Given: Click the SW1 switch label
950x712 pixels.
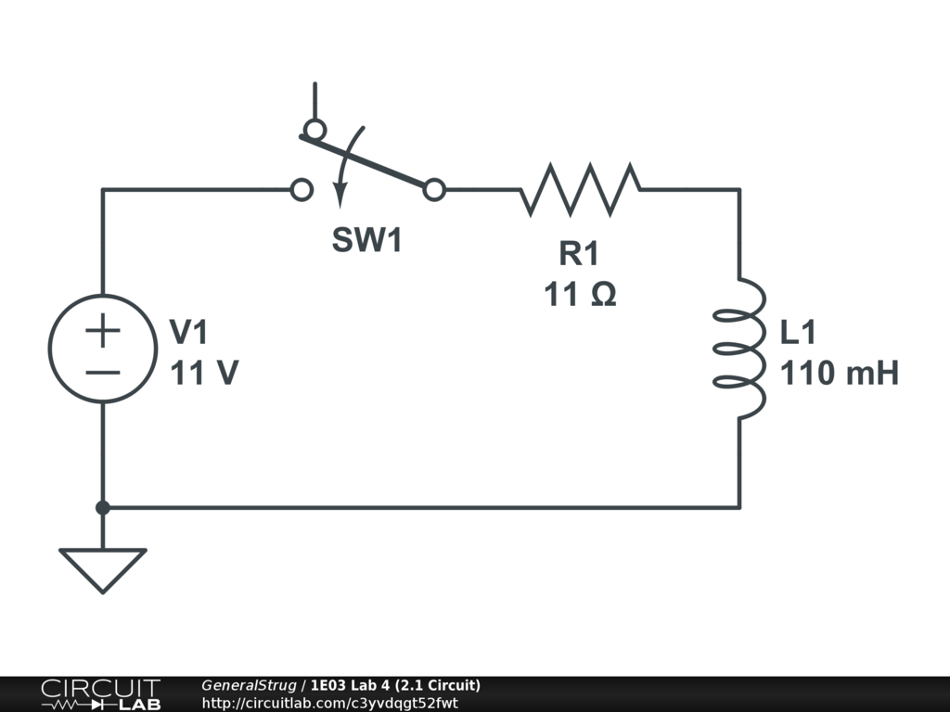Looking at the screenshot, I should [368, 241].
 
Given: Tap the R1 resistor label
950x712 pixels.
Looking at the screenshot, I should [580, 252].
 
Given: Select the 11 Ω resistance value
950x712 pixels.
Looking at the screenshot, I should [580, 295].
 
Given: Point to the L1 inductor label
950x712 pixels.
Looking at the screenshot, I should [799, 332].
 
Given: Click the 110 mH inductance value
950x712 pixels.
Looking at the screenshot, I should [839, 374].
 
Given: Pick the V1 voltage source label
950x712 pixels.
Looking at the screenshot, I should [188, 332].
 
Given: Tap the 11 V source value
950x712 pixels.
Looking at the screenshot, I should [203, 374].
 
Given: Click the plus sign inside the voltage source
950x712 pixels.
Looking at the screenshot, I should [103, 331].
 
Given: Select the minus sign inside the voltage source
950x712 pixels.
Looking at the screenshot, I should [103, 373].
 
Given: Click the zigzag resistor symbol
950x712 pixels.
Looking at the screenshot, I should [580, 189].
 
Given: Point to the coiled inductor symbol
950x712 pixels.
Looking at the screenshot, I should [739, 348].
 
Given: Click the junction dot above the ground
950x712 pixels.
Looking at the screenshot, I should [103, 507].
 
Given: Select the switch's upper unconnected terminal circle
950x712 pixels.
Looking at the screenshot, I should [315, 129].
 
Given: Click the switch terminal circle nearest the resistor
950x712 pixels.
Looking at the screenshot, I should [434, 190].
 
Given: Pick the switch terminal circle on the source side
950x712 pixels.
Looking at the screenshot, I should [301, 190].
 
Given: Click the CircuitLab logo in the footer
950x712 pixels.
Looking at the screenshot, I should [99, 694].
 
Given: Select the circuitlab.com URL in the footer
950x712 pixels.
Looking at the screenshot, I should [329, 703].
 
